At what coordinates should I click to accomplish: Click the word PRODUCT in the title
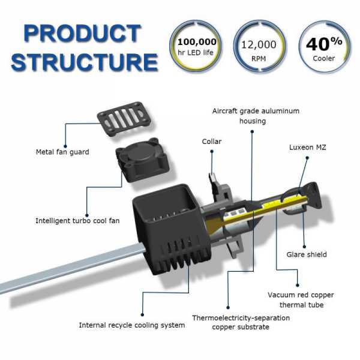tap(82, 34)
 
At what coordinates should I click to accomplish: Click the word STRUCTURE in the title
tap(84, 62)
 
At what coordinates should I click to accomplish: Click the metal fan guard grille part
tap(123, 118)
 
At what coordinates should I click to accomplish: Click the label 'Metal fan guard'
tap(62, 152)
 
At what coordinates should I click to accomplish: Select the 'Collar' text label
tap(211, 142)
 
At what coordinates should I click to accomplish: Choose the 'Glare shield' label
tap(308, 254)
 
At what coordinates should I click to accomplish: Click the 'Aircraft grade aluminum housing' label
tap(256, 116)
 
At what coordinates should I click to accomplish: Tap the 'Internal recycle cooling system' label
tap(132, 325)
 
